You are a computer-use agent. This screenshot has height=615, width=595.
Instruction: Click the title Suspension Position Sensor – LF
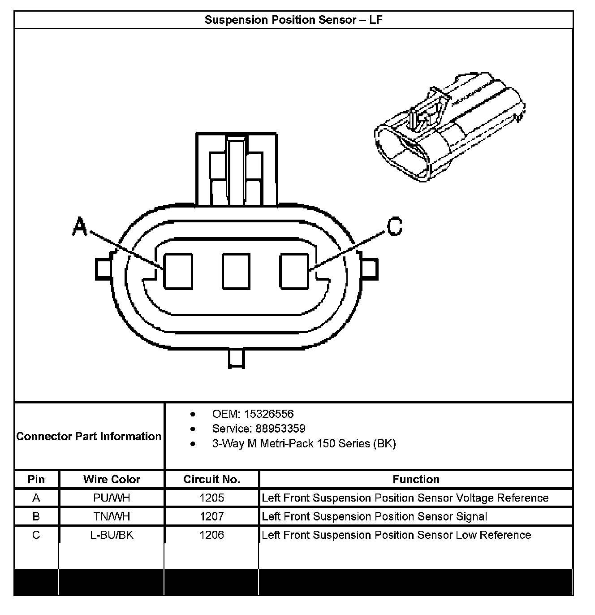[x=293, y=20]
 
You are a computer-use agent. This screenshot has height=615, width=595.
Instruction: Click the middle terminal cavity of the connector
[x=236, y=271]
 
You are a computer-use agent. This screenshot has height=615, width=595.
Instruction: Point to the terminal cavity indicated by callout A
[x=178, y=271]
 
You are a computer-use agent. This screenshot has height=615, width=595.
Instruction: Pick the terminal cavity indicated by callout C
[x=294, y=271]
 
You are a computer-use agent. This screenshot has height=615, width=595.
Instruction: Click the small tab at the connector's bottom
[x=237, y=359]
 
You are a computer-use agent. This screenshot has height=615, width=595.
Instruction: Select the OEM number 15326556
[x=269, y=414]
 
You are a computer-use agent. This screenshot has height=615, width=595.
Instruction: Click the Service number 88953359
[x=280, y=429]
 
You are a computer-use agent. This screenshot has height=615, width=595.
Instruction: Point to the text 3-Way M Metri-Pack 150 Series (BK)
[x=304, y=444]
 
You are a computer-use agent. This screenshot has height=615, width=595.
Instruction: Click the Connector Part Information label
[x=89, y=436]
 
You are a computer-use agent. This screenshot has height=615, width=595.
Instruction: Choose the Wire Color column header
[x=112, y=479]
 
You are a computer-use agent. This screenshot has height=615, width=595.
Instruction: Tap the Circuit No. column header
[x=211, y=479]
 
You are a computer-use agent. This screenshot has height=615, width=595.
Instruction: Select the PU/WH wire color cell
[x=112, y=498]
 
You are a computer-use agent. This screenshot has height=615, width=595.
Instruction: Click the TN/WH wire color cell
[x=112, y=516]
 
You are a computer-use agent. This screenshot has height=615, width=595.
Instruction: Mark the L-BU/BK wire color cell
[x=112, y=535]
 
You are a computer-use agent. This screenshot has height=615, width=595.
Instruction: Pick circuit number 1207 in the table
[x=211, y=516]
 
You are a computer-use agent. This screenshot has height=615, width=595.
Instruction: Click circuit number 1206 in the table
[x=211, y=535]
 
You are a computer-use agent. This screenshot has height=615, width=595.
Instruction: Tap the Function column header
[x=416, y=479]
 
